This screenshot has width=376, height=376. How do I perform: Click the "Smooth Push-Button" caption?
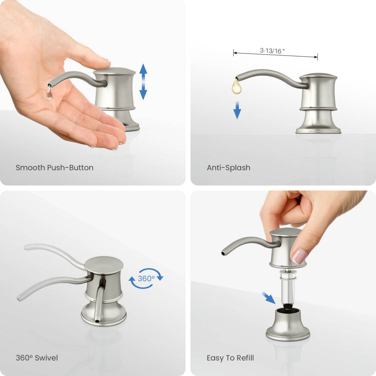(54, 167)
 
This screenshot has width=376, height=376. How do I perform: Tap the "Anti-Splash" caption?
(229, 167)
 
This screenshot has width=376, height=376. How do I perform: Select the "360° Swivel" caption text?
(37, 358)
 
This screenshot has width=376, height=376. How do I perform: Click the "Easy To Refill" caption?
(230, 358)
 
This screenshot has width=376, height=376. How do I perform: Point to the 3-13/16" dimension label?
(272, 51)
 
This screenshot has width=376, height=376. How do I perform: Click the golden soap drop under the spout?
(237, 86)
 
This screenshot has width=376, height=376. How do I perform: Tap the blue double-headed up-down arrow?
(143, 82)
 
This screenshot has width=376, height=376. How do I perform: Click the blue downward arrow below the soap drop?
(237, 110)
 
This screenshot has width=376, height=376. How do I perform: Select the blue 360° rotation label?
(146, 278)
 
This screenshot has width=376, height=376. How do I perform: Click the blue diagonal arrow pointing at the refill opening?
(269, 298)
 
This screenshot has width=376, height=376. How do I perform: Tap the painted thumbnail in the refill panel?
(300, 256)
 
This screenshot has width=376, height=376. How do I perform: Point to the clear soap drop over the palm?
(49, 93)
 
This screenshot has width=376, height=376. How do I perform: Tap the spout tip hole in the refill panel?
(223, 253)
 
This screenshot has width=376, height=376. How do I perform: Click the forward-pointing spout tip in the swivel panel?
(97, 321)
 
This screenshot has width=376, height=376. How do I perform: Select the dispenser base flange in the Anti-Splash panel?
(318, 131)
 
